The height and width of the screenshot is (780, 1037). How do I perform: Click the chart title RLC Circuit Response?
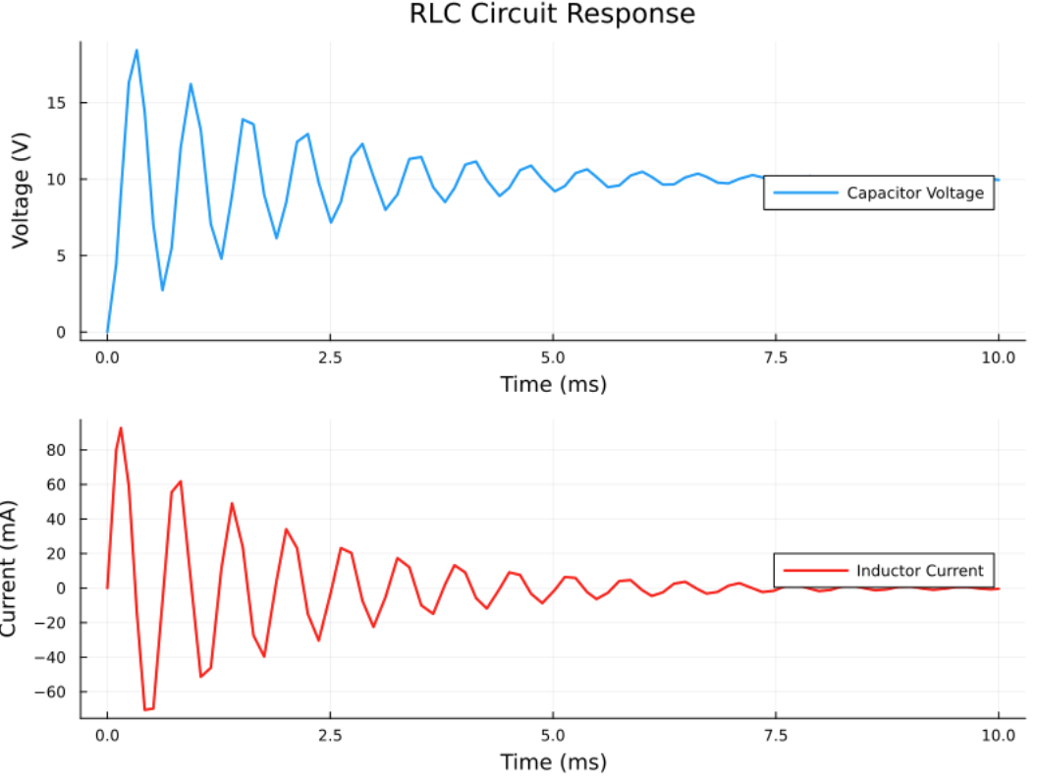click(552, 15)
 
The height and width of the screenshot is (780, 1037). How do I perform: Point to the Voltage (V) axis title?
click(21, 190)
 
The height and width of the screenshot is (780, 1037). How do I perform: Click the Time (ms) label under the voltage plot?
click(553, 384)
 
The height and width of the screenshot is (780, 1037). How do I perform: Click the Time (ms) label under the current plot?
click(553, 761)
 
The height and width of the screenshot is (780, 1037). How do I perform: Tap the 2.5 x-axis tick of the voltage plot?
click(330, 357)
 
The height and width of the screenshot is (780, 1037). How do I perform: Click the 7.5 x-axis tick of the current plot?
click(776, 734)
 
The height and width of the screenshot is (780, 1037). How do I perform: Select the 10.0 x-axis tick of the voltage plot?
click(999, 357)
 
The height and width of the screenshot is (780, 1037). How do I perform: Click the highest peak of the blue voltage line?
click(136, 50)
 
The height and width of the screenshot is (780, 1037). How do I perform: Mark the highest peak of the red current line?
click(121, 428)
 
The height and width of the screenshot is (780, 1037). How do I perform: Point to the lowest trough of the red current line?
click(146, 709)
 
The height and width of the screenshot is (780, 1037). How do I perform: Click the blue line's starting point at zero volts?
click(107, 332)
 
